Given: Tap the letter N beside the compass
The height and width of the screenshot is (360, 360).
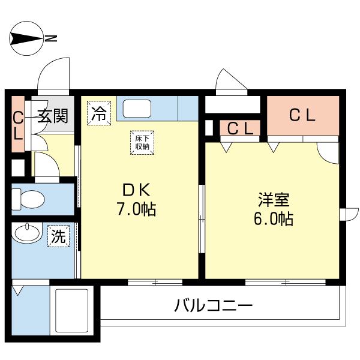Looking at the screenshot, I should pos(52,40).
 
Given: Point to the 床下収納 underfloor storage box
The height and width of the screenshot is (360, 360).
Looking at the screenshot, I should pos(142,142).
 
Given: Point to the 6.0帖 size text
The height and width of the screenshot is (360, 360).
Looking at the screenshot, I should pos(273,218).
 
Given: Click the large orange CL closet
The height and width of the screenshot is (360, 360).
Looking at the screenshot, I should pos(302,116).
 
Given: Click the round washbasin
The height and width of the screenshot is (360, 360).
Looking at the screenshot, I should pos(26,234).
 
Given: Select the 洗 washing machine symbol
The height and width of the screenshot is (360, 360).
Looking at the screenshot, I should pos(59,236).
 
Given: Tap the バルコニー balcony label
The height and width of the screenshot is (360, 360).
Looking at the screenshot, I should pos(214,305).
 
